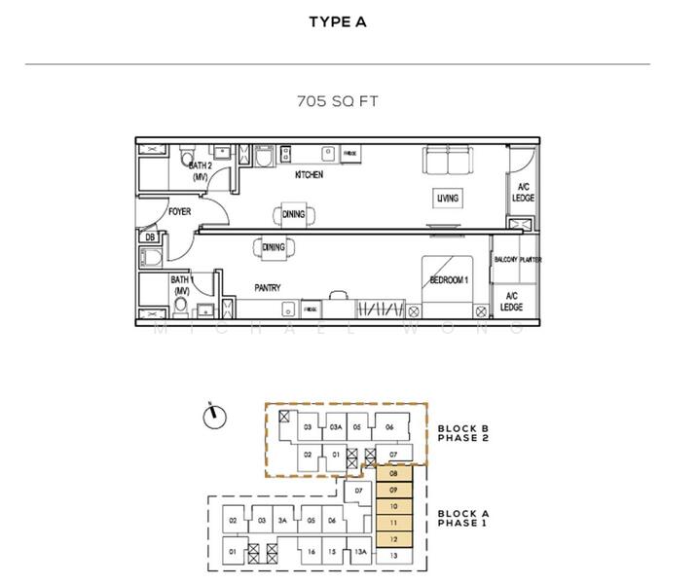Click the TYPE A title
pos(337,22)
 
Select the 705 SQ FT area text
pos(337,99)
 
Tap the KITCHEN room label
pos(309,175)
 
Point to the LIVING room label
pos(447,199)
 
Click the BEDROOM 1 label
pos(450,281)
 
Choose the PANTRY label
pos(268,288)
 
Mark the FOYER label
pos(179,211)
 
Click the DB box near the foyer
pos(150,237)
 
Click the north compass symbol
pos(212,417)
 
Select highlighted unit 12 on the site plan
pos(393,538)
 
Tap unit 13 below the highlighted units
pos(393,555)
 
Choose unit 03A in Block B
pos(334,427)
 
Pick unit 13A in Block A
pos(360,553)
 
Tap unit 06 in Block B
pos(388,427)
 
